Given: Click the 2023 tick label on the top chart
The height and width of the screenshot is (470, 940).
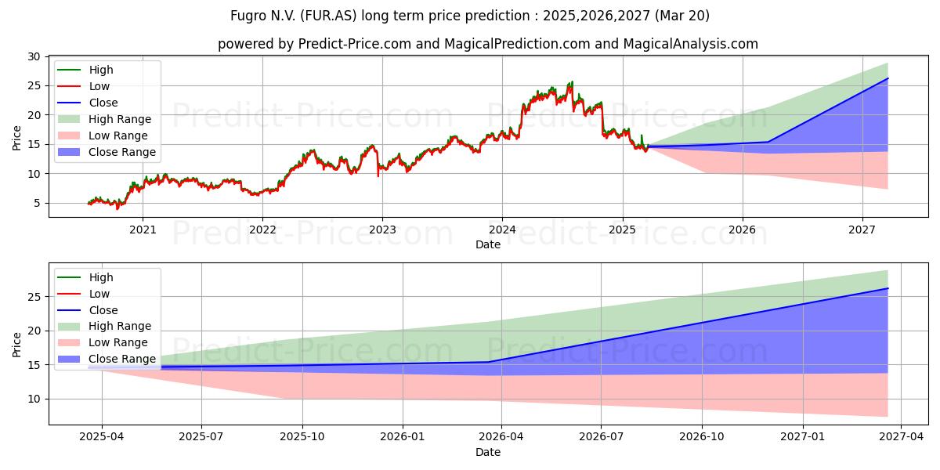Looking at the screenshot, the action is click(382, 230).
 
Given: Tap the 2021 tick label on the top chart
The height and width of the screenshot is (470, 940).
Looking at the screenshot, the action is click(143, 230).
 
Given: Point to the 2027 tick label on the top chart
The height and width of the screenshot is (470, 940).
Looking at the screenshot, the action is click(862, 230).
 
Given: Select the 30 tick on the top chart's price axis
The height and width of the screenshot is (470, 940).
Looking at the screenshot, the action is click(34, 56).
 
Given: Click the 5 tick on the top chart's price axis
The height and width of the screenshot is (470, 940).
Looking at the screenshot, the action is click(38, 204).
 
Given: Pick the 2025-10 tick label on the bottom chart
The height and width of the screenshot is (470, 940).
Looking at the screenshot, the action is click(302, 437).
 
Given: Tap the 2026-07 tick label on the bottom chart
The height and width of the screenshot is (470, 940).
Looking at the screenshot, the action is click(601, 437).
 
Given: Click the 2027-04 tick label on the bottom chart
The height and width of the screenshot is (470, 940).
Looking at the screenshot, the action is click(902, 437).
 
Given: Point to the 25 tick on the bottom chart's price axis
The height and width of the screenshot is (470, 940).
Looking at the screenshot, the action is click(34, 297).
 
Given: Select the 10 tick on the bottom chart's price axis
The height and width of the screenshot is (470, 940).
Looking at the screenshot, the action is click(34, 399).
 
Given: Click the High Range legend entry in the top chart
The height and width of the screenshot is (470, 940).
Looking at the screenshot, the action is click(104, 119).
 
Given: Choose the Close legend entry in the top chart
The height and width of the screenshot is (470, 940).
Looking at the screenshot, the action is click(88, 103).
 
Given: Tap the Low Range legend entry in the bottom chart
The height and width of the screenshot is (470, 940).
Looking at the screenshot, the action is click(103, 342).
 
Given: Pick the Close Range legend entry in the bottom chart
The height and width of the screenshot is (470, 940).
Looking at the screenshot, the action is click(107, 359).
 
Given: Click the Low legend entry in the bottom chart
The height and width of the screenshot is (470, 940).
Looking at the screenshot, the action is click(84, 294).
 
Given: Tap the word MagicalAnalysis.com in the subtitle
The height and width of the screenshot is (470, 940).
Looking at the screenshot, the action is click(691, 44).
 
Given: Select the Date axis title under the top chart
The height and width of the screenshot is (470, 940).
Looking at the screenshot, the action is click(488, 244).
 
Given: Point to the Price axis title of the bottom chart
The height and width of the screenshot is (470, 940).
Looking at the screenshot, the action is click(16, 345).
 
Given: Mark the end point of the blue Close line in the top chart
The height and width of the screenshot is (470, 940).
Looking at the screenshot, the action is click(888, 78).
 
